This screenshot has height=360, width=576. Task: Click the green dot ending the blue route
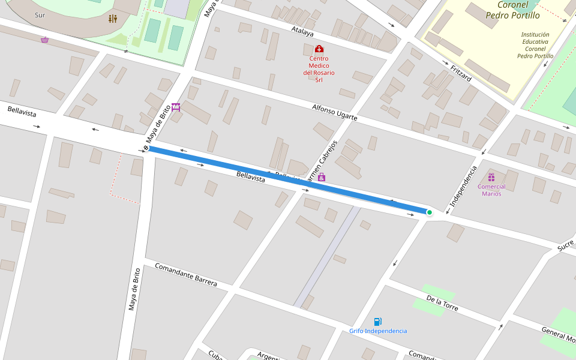coord(429,212)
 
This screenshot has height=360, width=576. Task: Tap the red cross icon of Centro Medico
coord(319,49)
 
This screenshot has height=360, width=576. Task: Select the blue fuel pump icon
coord(377,322)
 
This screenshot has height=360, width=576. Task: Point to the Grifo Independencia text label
coord(378,331)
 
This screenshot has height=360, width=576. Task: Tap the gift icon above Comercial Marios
coord(491,177)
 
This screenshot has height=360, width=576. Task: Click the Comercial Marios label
coord(491,190)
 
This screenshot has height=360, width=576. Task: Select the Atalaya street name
coord(302,31)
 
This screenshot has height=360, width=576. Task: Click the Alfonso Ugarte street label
coord(334,112)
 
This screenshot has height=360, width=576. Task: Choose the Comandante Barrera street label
coord(185,274)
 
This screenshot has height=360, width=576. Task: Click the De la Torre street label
coord(442,304)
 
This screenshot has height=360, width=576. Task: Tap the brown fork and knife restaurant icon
coord(113,19)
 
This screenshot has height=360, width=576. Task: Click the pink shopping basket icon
coord(44,40)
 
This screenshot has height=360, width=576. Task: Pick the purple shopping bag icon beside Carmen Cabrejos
coord(322,177)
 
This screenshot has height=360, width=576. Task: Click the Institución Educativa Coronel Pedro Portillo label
coord(535,46)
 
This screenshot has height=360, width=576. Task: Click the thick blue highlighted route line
coord(288,179)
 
